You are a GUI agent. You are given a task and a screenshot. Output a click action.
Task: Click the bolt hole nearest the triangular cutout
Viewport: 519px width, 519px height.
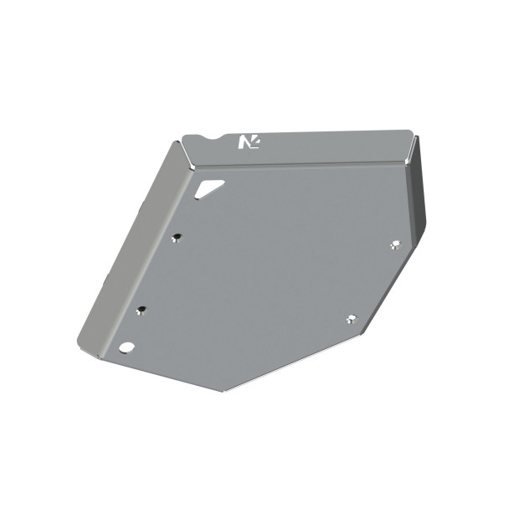click(x=176, y=238)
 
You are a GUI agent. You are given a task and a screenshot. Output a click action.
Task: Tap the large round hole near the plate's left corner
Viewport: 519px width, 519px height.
click(x=126, y=346)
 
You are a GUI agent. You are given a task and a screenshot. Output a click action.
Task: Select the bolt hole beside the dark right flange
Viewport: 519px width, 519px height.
click(x=395, y=244)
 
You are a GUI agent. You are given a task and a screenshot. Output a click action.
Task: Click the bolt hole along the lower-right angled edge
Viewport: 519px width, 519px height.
click(x=351, y=318)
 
